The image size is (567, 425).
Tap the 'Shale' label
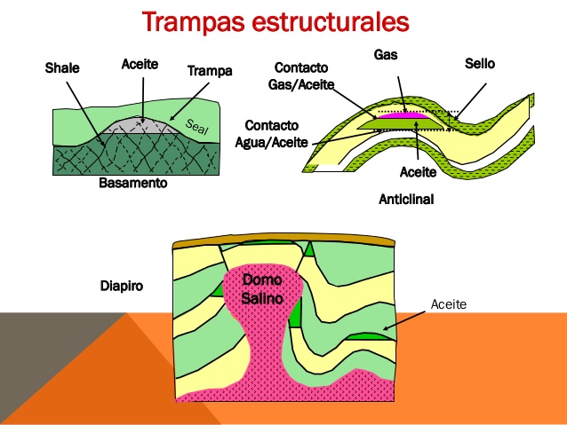62,67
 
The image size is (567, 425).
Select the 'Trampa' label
210,70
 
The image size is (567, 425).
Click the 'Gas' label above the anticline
386,54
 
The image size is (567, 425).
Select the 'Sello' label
479,64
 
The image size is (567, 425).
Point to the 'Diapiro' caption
122,286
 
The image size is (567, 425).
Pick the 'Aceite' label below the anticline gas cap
418,170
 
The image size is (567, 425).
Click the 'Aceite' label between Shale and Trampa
140,65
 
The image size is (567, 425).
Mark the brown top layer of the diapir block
284,240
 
